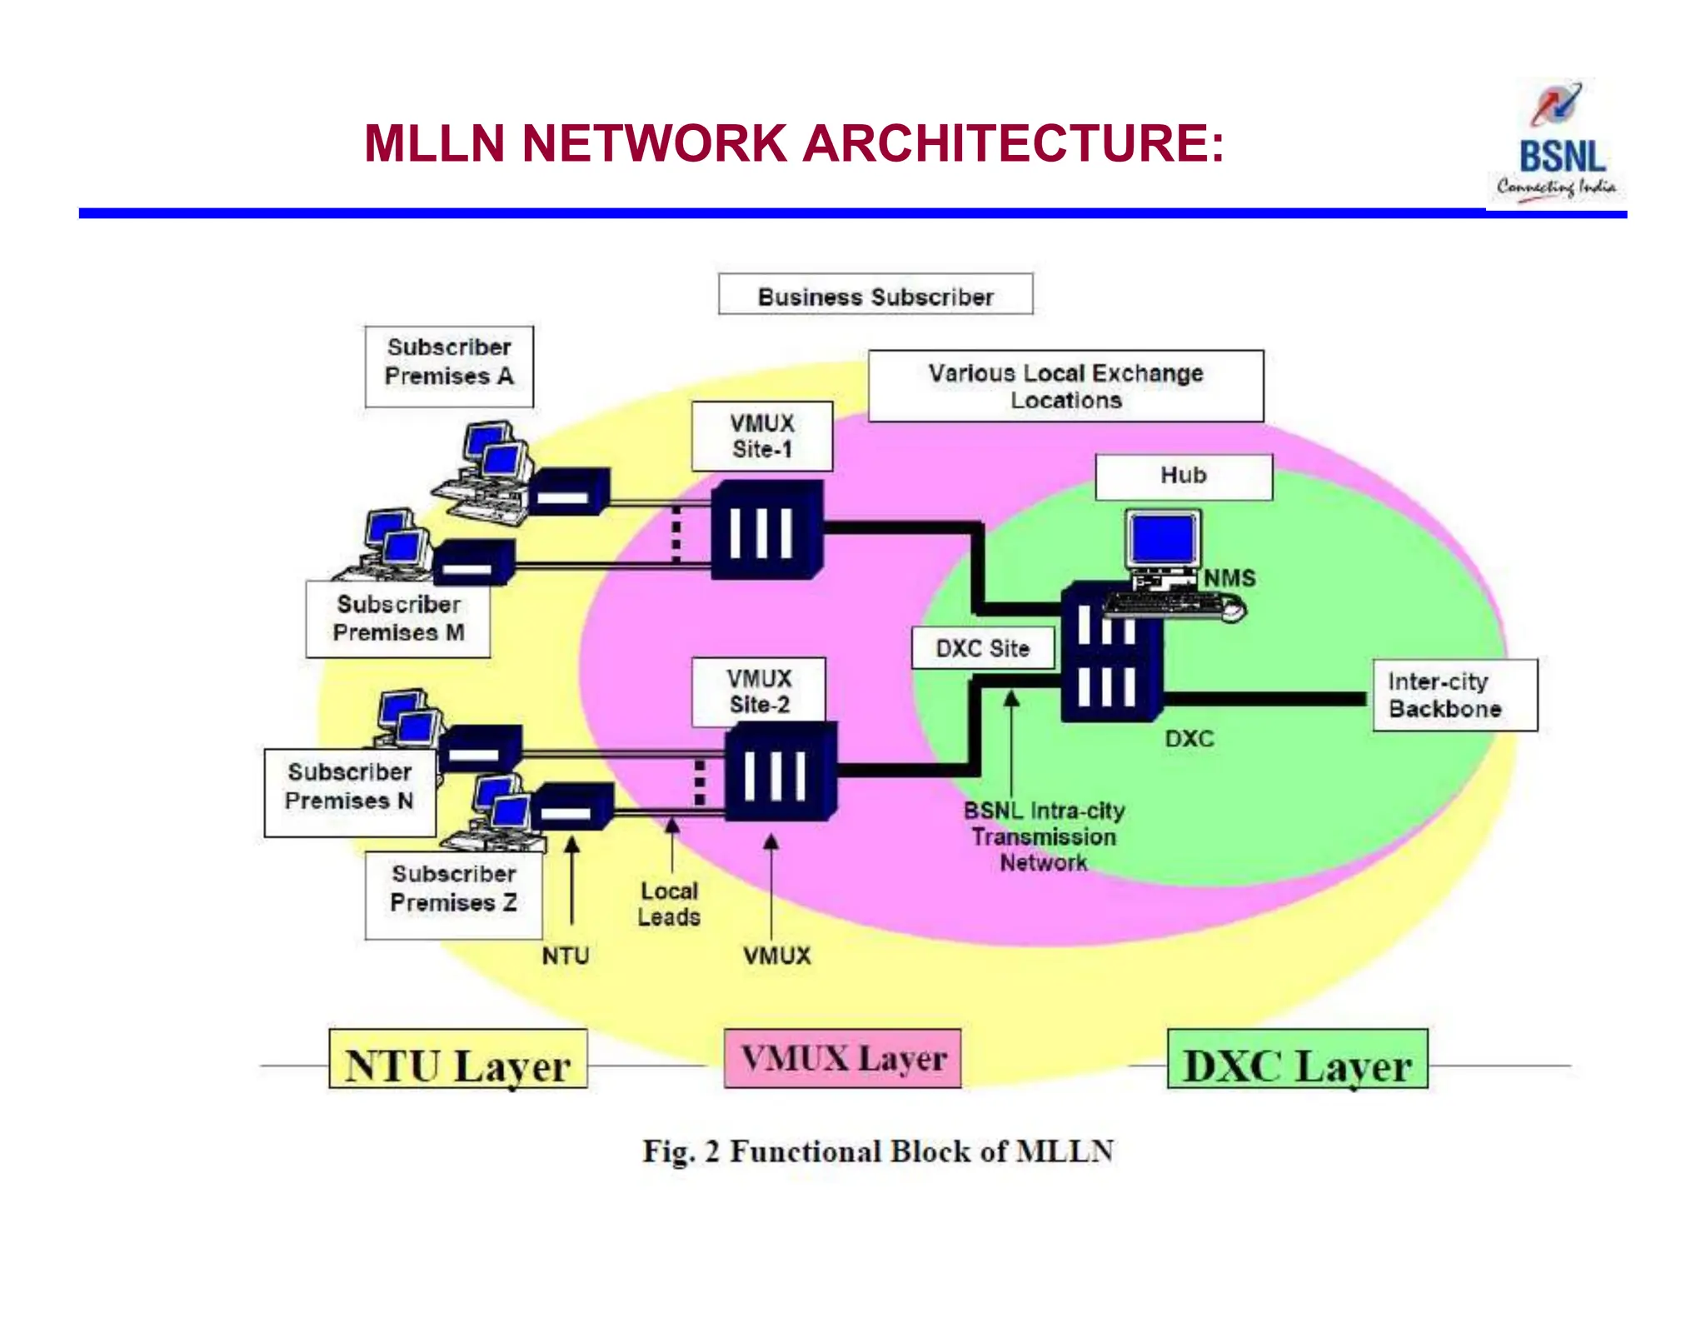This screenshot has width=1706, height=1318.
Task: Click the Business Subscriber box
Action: pos(875,295)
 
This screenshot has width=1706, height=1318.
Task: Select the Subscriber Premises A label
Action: pos(449,365)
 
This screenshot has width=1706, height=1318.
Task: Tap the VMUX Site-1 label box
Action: pos(761,437)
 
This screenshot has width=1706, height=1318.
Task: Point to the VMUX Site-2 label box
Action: pos(759,691)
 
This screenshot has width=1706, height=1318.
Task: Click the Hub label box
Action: pos(1183,477)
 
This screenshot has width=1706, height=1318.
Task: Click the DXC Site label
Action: pos(982,648)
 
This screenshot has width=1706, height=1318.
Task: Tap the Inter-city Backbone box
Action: pos(1454,696)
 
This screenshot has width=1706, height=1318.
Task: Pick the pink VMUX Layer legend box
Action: pos(843,1059)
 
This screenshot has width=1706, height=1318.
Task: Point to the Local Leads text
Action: pos(669,904)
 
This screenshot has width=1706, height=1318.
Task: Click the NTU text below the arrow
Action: pos(566,956)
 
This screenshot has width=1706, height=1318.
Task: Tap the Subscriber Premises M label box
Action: pos(398,620)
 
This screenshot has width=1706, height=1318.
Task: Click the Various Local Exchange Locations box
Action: pos(1065,387)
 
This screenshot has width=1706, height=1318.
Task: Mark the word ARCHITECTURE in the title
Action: pos(1013,143)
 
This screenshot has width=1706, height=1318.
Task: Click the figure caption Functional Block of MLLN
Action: pos(878,1151)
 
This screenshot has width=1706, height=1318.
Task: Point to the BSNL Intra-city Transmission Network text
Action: pos(1044,836)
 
